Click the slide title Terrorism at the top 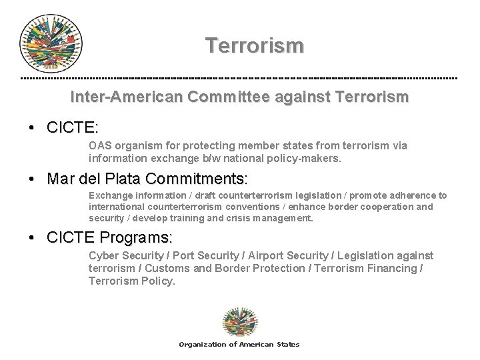pos(255,45)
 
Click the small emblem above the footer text pos(239,322)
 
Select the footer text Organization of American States pos(239,345)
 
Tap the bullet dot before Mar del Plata pos(33,179)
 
